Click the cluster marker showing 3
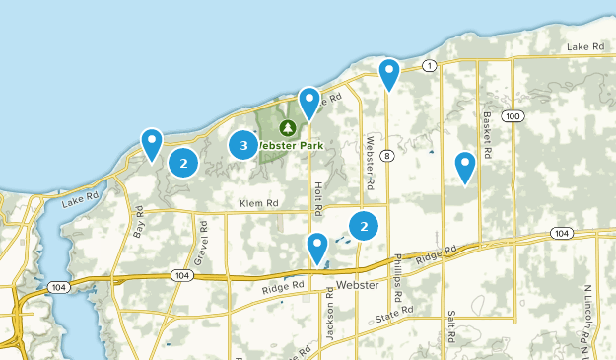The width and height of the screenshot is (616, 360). coord(243,146)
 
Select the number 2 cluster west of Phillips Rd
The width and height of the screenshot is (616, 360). coord(365,226)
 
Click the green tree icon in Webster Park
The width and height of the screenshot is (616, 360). coord(287,128)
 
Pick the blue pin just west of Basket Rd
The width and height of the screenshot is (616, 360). coord(465,167)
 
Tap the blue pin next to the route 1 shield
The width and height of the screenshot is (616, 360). coord(389,73)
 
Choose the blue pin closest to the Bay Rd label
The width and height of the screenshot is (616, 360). coord(152,144)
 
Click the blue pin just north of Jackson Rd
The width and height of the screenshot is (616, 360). coord(317,248)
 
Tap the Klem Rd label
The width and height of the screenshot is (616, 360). coord(259,203)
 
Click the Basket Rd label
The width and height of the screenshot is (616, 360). coord(487,125)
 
